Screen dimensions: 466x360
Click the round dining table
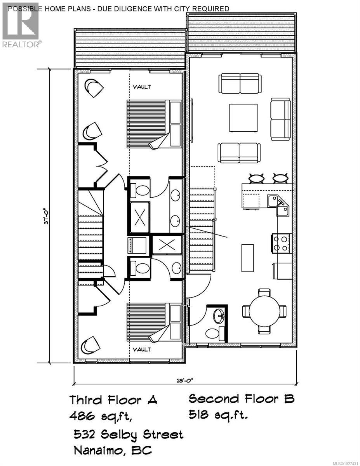click(x=264, y=311)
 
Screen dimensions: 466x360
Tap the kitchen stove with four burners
click(x=281, y=244)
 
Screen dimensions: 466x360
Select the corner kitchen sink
click(x=279, y=204)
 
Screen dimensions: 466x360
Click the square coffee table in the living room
click(x=243, y=118)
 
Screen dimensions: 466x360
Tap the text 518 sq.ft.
click(x=218, y=416)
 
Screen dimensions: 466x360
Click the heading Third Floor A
click(x=113, y=400)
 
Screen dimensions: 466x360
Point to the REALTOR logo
click(x=21, y=25)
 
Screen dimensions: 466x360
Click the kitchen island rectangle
click(x=247, y=258)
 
